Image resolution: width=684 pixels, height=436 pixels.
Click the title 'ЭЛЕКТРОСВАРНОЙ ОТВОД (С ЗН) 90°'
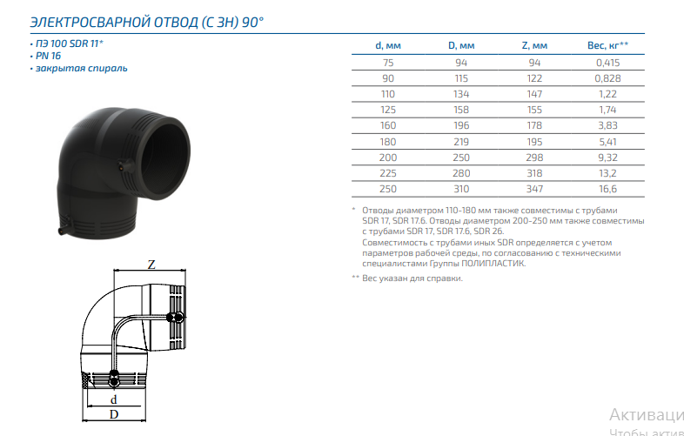click(x=147, y=22)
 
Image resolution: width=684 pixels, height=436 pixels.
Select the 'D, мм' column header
click(x=461, y=45)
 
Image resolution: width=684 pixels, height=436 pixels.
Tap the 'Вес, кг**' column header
click(x=607, y=45)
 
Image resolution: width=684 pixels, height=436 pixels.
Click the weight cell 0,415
click(x=607, y=63)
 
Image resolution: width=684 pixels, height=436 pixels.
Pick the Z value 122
click(x=534, y=78)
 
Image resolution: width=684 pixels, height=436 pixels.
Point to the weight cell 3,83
click(x=607, y=125)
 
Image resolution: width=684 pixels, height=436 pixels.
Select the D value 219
click(x=461, y=142)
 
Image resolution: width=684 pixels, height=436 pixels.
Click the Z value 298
click(x=534, y=158)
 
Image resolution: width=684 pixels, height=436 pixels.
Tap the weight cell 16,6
click(x=607, y=189)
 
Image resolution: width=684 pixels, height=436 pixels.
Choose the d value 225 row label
click(x=388, y=173)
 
